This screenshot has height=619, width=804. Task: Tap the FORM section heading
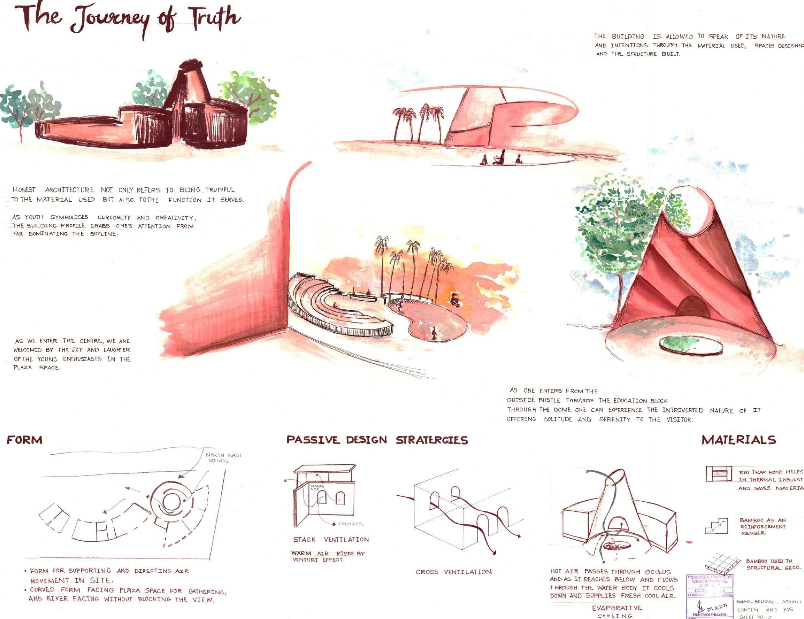[x=25, y=439]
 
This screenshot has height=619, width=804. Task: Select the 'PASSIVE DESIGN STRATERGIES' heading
[x=377, y=440]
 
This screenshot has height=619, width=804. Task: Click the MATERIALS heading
[x=739, y=440]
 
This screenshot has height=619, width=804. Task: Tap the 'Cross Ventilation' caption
[x=454, y=572]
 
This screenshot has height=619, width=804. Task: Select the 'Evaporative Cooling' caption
[x=617, y=611]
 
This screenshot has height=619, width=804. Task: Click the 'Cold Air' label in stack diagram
[x=350, y=524]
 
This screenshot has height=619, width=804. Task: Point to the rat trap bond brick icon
[x=716, y=473]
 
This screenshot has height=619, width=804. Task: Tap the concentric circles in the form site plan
[x=169, y=501]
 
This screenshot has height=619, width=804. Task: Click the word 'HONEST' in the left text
[x=24, y=190]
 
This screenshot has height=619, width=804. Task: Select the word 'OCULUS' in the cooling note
[x=658, y=572]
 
